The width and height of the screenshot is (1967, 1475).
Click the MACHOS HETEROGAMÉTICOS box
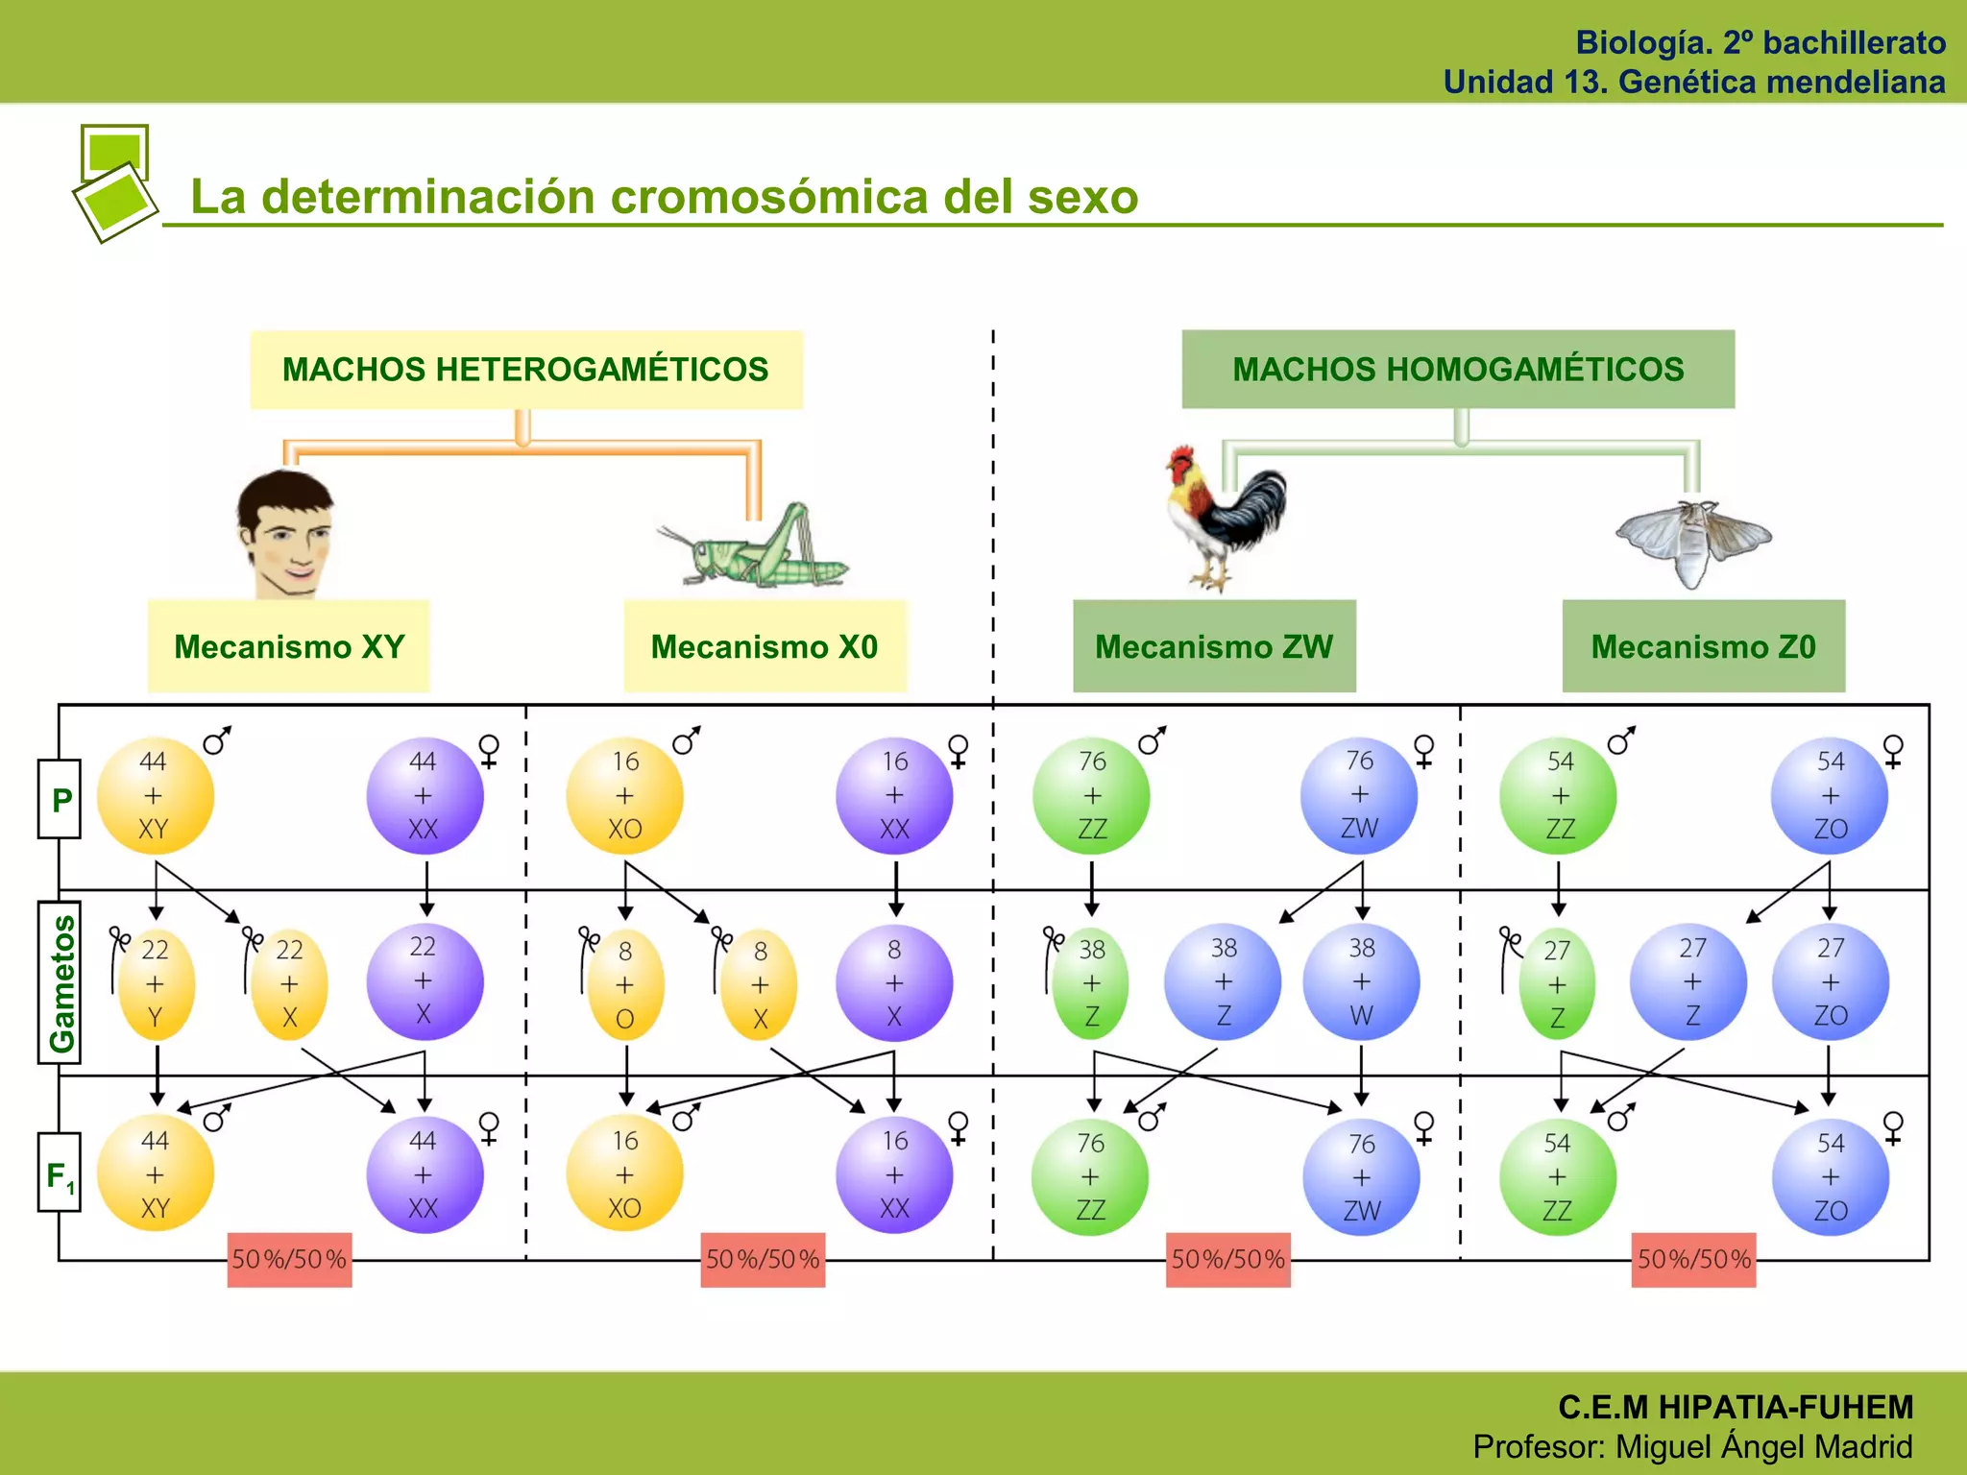pyautogui.click(x=525, y=370)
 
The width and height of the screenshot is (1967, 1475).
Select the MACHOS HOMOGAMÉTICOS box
pyautogui.click(x=1458, y=370)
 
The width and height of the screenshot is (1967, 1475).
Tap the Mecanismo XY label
pyautogui.click(x=289, y=646)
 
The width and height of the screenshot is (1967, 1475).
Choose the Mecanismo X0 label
pyautogui.click(x=765, y=646)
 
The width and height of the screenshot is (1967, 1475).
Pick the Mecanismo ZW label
pyautogui.click(x=1214, y=646)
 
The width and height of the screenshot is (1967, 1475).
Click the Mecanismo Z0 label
pyautogui.click(x=1703, y=646)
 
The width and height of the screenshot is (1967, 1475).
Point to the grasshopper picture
pyautogui.click(x=755, y=547)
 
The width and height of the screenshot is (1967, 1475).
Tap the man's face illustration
pyautogui.click(x=285, y=534)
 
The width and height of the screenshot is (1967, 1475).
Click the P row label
pyautogui.click(x=61, y=799)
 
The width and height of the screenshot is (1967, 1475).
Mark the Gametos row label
pyautogui.click(x=61, y=982)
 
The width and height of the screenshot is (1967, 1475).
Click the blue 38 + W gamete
pyautogui.click(x=1361, y=982)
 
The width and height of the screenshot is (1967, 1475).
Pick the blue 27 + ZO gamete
pyautogui.click(x=1830, y=982)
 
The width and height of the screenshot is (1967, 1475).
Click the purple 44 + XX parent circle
pyautogui.click(x=424, y=796)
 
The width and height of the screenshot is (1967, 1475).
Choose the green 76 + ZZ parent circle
pyautogui.click(x=1091, y=796)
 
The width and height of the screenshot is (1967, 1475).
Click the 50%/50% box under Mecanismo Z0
pyautogui.click(x=1693, y=1260)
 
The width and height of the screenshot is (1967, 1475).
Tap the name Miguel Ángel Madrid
pyautogui.click(x=1763, y=1446)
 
